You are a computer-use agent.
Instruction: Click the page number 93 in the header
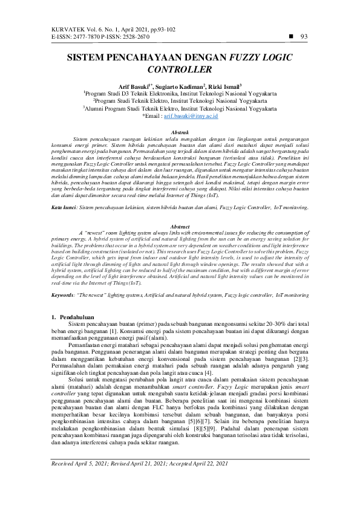tap(304, 36)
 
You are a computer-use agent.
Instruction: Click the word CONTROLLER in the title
tap(180, 70)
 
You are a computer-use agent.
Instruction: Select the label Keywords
tap(62, 296)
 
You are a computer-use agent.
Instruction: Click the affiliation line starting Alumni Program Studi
tap(180, 108)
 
